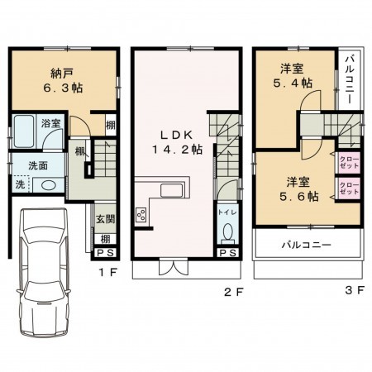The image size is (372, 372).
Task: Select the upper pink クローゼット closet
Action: tap(347, 161)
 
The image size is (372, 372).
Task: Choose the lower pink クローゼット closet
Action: tap(347, 189)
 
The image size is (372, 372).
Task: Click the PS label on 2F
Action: tap(227, 253)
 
